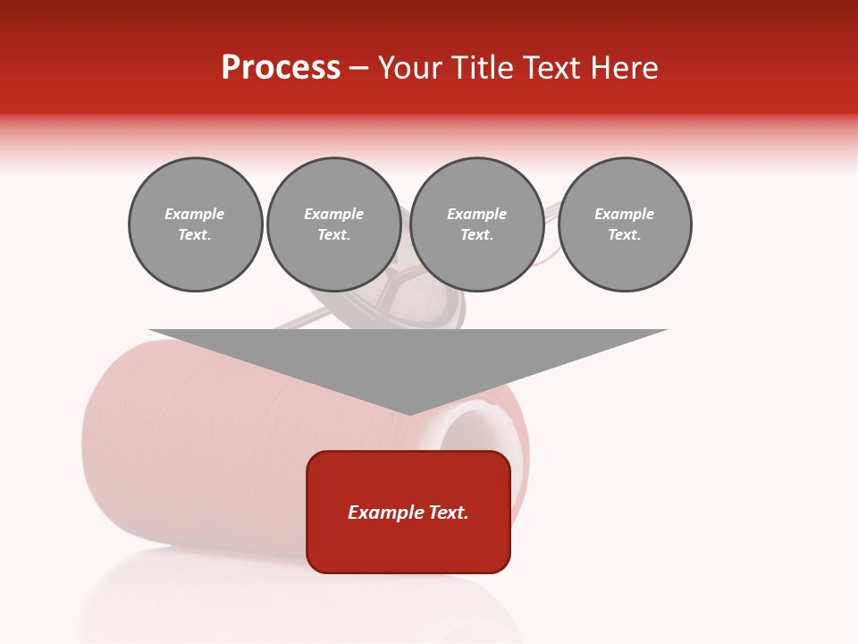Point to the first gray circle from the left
[x=195, y=225]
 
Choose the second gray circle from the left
[x=334, y=225]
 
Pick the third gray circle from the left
[x=476, y=225]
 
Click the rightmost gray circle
[x=625, y=225]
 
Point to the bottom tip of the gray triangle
[x=409, y=414]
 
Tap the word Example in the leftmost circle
[x=195, y=214]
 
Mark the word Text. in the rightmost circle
[x=625, y=235]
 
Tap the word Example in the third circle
[x=476, y=214]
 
